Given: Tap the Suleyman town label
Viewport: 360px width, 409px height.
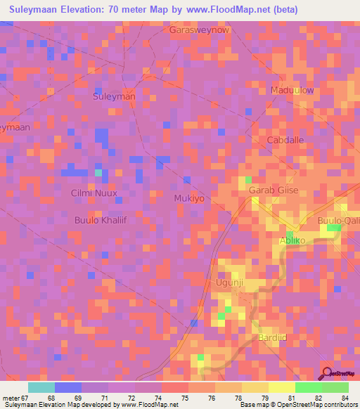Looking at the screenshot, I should point(114,96).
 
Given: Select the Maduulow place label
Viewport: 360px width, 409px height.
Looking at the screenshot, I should point(292,91).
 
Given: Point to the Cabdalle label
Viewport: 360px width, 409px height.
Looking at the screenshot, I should point(285,140).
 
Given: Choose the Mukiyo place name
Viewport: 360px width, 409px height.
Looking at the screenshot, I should point(189,199).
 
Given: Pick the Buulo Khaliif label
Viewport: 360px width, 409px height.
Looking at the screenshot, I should point(100,220).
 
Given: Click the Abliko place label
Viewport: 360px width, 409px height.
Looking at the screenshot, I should point(293,241).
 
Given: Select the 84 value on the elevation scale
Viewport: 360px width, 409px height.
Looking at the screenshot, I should point(346,398).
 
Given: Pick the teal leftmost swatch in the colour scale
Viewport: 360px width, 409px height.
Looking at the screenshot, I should point(41,387).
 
